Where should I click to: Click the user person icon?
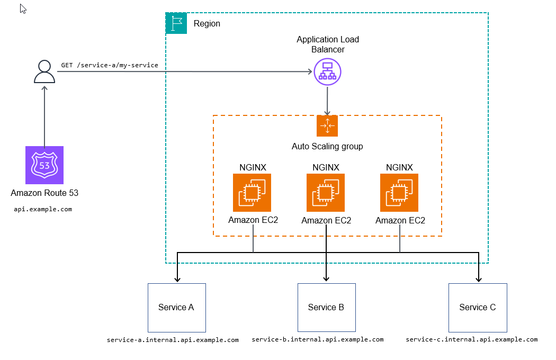(44, 71)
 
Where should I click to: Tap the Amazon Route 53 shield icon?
(44, 165)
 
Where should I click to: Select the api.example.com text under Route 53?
(43, 209)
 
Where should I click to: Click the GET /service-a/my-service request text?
(110, 65)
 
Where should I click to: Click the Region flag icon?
(176, 23)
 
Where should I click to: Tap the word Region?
(207, 24)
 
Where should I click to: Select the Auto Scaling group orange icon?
(327, 126)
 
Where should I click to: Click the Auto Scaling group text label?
(327, 146)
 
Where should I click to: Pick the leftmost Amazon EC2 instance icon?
(252, 193)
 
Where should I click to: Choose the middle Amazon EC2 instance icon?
(326, 193)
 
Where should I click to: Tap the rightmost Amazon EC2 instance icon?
(399, 193)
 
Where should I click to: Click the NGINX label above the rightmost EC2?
(399, 167)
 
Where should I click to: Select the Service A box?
(176, 308)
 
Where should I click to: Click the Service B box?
(326, 308)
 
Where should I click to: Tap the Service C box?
(478, 308)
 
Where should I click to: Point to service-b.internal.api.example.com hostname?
(318, 339)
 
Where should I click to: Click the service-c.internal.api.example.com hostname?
(472, 339)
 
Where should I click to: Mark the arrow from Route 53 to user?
(44, 116)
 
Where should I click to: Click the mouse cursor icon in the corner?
(23, 8)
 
